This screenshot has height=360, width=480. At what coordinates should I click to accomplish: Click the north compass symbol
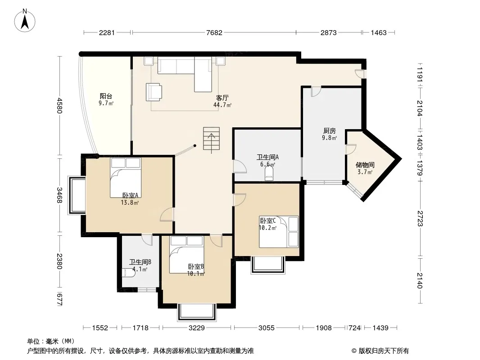point(25,20)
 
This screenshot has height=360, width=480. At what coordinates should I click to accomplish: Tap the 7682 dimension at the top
point(214,32)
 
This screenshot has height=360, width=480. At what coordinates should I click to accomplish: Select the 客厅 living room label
point(222,98)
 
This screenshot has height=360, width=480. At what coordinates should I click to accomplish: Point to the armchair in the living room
point(154,92)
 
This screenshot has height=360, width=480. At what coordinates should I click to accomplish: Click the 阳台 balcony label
point(106,96)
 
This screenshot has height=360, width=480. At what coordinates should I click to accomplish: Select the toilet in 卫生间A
point(269,175)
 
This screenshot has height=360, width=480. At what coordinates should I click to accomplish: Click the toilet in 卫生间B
point(128,273)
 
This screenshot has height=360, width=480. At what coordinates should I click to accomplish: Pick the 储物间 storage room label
point(365,165)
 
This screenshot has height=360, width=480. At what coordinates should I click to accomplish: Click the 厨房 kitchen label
point(330,131)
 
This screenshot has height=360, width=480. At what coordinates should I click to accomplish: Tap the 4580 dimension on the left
point(59,105)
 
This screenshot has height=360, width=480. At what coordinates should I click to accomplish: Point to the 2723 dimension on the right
point(420,218)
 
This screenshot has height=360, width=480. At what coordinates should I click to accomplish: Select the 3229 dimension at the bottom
point(196,328)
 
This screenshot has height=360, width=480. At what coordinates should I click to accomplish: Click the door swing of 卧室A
point(167,214)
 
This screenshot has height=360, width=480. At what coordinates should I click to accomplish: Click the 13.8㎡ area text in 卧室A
point(130,202)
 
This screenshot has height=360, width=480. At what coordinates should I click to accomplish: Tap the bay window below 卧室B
point(197,312)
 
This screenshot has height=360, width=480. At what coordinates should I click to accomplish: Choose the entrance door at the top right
point(359,74)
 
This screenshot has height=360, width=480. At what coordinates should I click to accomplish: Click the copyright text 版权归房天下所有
point(384,351)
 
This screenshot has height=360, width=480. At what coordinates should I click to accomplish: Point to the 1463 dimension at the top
point(379,32)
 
